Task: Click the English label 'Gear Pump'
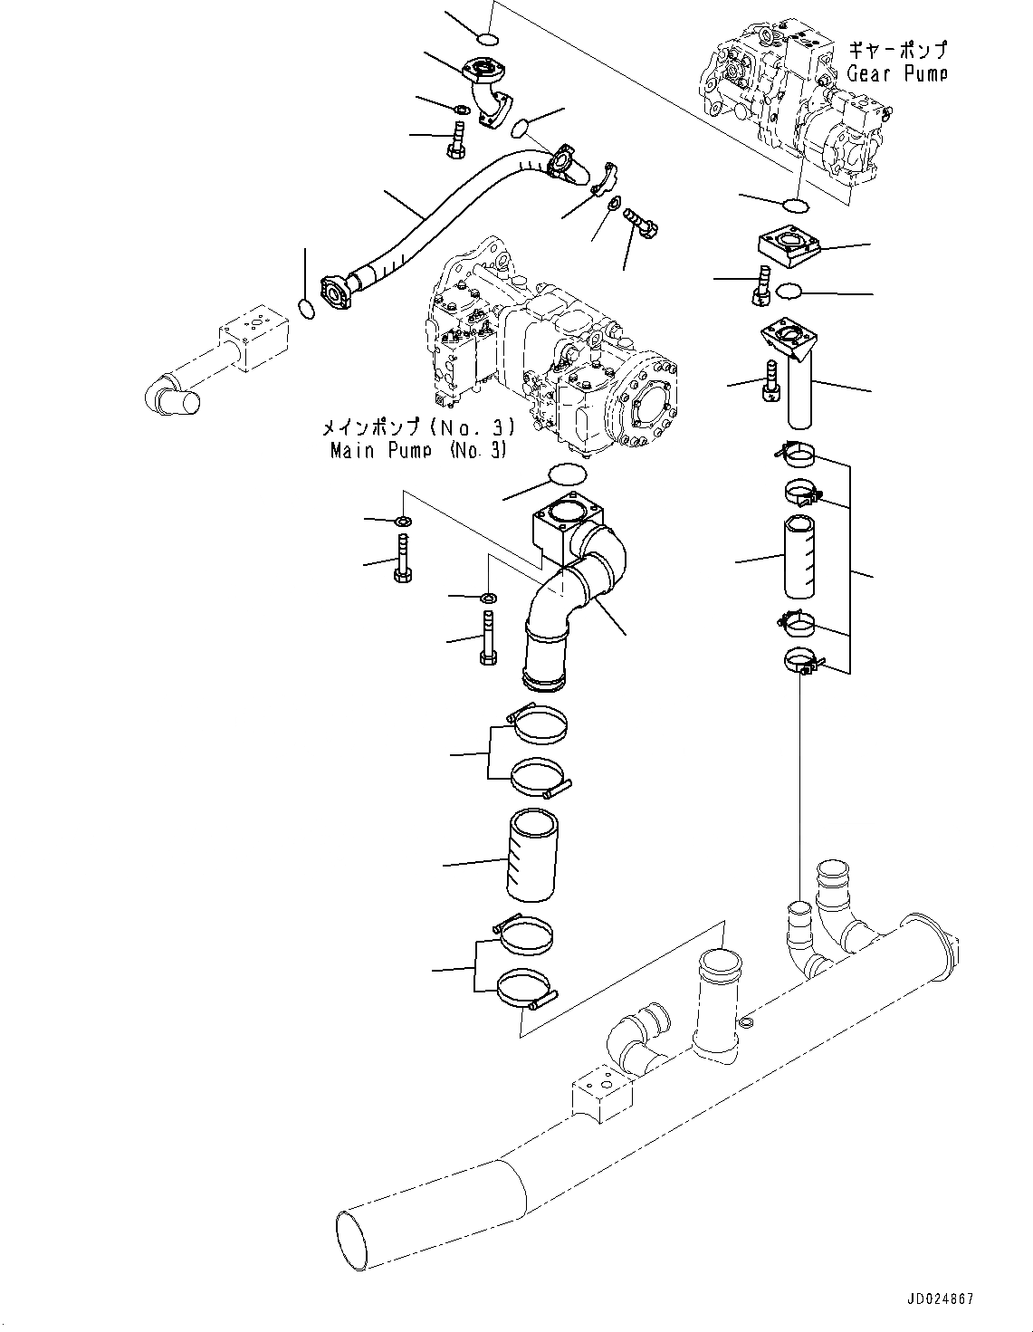[x=896, y=73]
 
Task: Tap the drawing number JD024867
[x=938, y=1298]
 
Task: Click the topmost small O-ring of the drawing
[x=487, y=39]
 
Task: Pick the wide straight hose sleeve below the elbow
[x=533, y=857]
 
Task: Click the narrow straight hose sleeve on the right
[x=799, y=556]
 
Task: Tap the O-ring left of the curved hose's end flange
[x=306, y=310]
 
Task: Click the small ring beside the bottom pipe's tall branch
[x=746, y=1024]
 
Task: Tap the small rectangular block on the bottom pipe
[x=598, y=1093]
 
